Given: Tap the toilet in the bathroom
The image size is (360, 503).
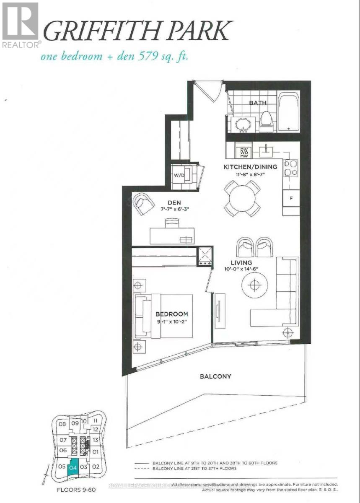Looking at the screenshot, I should pyautogui.click(x=267, y=121).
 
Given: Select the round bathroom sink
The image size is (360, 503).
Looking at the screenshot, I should pyautogui.click(x=242, y=124).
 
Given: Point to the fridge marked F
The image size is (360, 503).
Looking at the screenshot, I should pyautogui.click(x=291, y=198).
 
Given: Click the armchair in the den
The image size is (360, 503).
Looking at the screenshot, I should pyautogui.click(x=143, y=203).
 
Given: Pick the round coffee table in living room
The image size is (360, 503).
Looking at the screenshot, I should pyautogui.click(x=254, y=285).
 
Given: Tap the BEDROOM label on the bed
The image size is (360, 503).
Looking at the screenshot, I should pyautogui.click(x=172, y=314).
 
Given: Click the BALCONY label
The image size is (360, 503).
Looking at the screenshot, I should pyautogui.click(x=215, y=376).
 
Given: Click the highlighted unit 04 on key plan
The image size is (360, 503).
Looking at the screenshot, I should pyautogui.click(x=73, y=467).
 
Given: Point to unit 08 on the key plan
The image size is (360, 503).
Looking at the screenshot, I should pyautogui.click(x=62, y=424).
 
